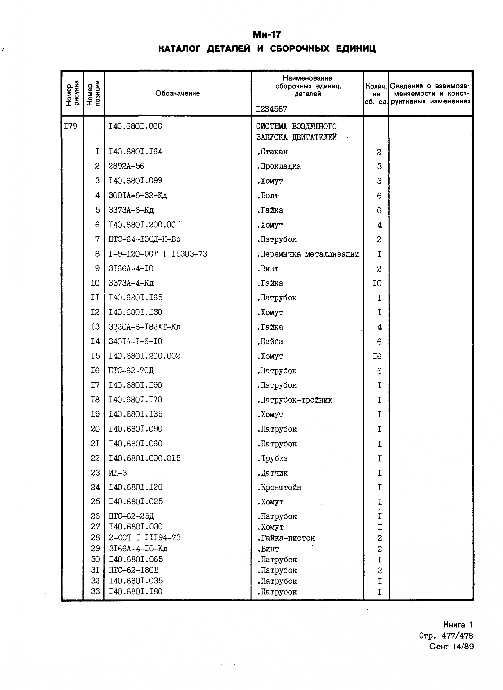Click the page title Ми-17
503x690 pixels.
tap(267, 35)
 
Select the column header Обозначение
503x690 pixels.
tap(178, 94)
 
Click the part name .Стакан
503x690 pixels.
tap(272, 152)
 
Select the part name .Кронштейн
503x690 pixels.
tap(279, 488)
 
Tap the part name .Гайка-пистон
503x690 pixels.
tap(286, 538)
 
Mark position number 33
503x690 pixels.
tap(95, 591)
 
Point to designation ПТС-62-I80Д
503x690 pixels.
tap(134, 570)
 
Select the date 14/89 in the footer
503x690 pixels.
tap(463, 647)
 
